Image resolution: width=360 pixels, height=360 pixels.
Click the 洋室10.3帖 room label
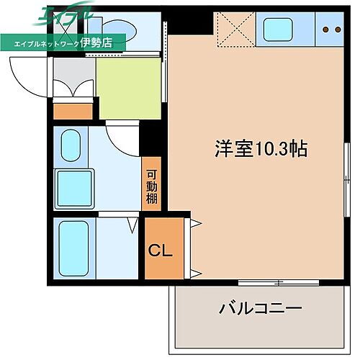[261, 148]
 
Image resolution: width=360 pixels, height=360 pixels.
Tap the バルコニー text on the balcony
[260, 309]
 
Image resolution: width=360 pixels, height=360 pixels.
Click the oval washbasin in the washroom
[71, 146]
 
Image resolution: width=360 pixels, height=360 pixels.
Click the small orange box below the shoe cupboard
[73, 112]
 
